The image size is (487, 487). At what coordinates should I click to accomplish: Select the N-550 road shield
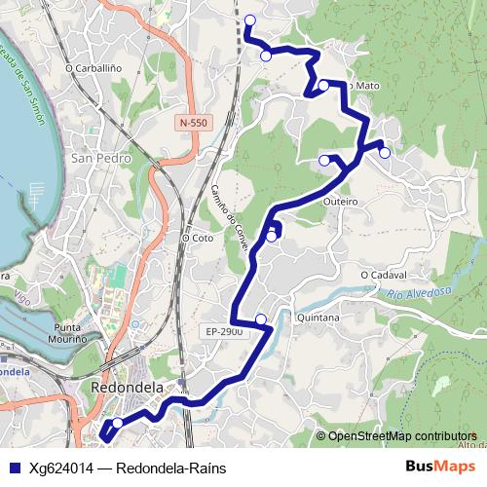pos(194,123)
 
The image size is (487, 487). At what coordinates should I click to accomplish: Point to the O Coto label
pos(197,237)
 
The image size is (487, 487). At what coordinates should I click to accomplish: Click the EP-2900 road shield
pos(224,332)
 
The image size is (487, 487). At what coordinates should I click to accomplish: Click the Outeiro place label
pos(340,202)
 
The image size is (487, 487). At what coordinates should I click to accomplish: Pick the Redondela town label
pos(117,387)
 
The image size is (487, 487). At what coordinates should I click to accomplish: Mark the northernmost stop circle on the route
pos(250,20)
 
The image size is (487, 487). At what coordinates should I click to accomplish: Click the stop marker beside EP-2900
pos(261,319)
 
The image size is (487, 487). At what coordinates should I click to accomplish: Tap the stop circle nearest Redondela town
pos(118,423)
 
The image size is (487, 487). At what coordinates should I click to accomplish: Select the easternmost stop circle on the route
pos(385,152)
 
